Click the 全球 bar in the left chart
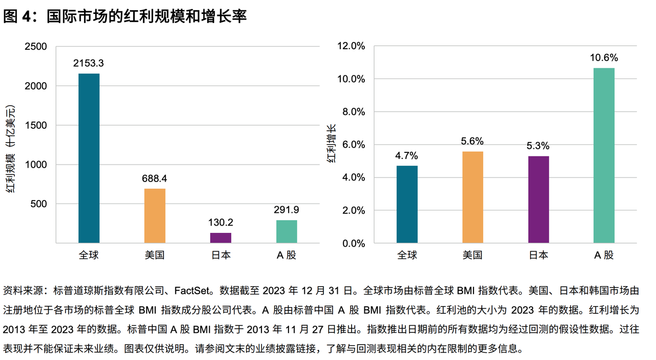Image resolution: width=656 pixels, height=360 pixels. tap(89, 158)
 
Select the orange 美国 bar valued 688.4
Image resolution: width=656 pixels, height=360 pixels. tap(155, 216)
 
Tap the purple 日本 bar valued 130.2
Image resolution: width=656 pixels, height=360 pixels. tap(220, 238)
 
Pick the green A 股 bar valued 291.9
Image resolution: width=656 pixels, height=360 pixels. tap(286, 232)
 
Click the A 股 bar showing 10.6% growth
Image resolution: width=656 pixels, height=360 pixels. tap(604, 155)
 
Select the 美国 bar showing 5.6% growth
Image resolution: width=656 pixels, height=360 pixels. tap(473, 197)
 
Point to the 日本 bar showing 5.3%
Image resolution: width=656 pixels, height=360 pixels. tap(539, 199)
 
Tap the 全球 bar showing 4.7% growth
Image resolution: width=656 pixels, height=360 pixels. tap(407, 204)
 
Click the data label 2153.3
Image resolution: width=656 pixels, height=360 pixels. tap(89, 63)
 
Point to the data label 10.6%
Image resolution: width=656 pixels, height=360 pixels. tap(604, 58)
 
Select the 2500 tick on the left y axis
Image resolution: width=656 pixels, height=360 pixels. tap(36, 46)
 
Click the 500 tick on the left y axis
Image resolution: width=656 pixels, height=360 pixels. tap(38, 204)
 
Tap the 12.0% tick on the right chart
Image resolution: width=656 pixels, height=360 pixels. tap(351, 46)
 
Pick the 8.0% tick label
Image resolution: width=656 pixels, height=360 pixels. tap(354, 112)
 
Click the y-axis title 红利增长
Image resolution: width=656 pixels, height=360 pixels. tap(331, 144)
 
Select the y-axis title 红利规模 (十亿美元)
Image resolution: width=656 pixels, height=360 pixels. tap(10, 149)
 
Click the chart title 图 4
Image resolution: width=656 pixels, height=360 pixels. tap(17, 16)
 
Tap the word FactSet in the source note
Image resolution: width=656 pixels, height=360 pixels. tap(192, 291)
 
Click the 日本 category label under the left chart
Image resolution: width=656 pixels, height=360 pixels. tap(221, 255)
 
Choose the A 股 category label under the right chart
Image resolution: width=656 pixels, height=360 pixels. tap(604, 255)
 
